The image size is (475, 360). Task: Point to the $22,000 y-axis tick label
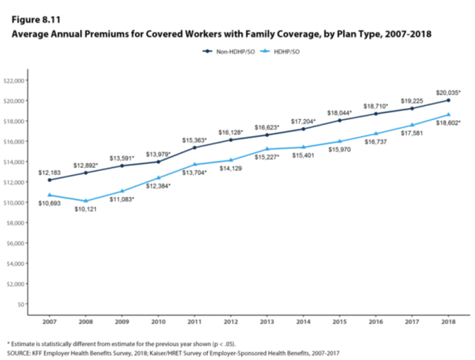click(16, 81)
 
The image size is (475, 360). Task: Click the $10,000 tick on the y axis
click(16, 202)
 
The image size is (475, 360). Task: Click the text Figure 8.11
click(29, 20)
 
